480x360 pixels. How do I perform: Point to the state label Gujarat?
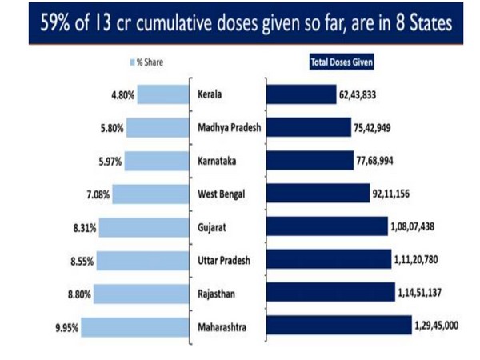(213, 227)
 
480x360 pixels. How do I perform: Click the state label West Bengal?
(220, 194)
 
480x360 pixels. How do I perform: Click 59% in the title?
(47, 23)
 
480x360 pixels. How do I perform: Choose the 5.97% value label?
(109, 161)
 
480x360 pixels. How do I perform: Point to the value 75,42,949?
(378, 127)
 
